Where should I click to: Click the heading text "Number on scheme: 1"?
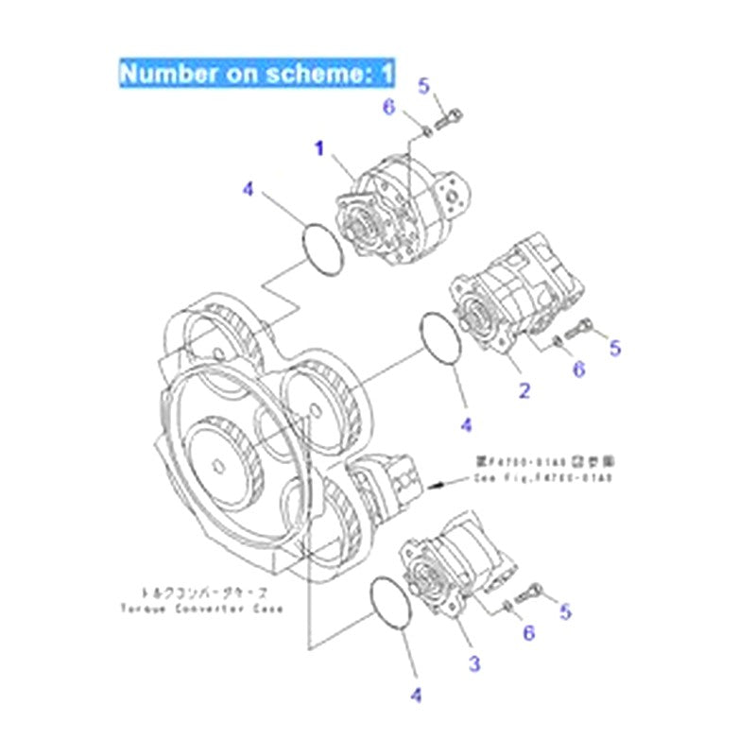click(256, 73)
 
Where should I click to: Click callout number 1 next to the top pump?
click(319, 148)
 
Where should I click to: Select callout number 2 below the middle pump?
click(523, 388)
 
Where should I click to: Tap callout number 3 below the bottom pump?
click(474, 664)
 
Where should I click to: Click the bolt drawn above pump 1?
click(452, 121)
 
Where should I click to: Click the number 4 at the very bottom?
click(415, 696)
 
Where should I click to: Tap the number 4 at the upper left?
click(248, 190)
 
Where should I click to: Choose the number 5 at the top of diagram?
click(424, 87)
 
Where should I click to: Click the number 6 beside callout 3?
click(528, 632)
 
